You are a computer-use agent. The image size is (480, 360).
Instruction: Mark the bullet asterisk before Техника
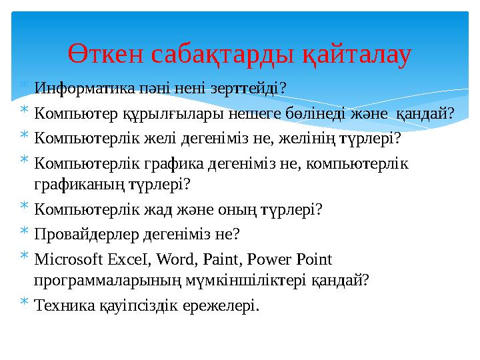[x=23, y=305]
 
